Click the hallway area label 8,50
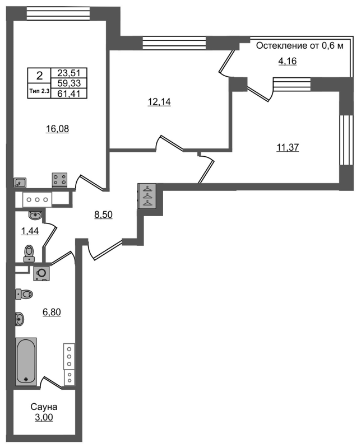pos(104,214)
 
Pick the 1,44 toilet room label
pos(29,231)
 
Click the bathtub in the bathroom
pos(26,361)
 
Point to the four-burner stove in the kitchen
pos(60,179)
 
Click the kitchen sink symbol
pos(21,182)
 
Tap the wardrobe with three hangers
pos(147,196)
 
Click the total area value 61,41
pos(68,94)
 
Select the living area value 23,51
pos(68,72)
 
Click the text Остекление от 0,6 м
pos(299,46)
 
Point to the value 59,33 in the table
pos(68,83)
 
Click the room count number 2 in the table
pos(39,76)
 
